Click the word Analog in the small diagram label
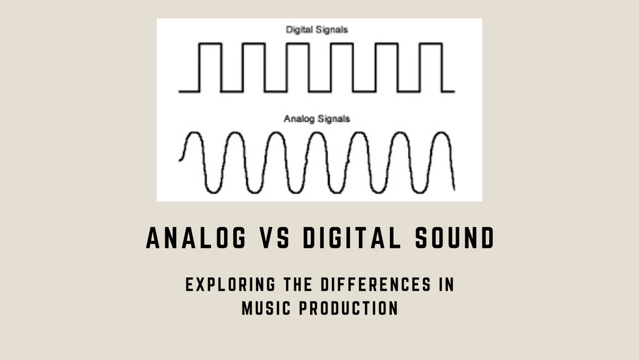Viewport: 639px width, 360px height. [296, 117]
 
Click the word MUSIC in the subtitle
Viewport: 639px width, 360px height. [262, 308]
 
